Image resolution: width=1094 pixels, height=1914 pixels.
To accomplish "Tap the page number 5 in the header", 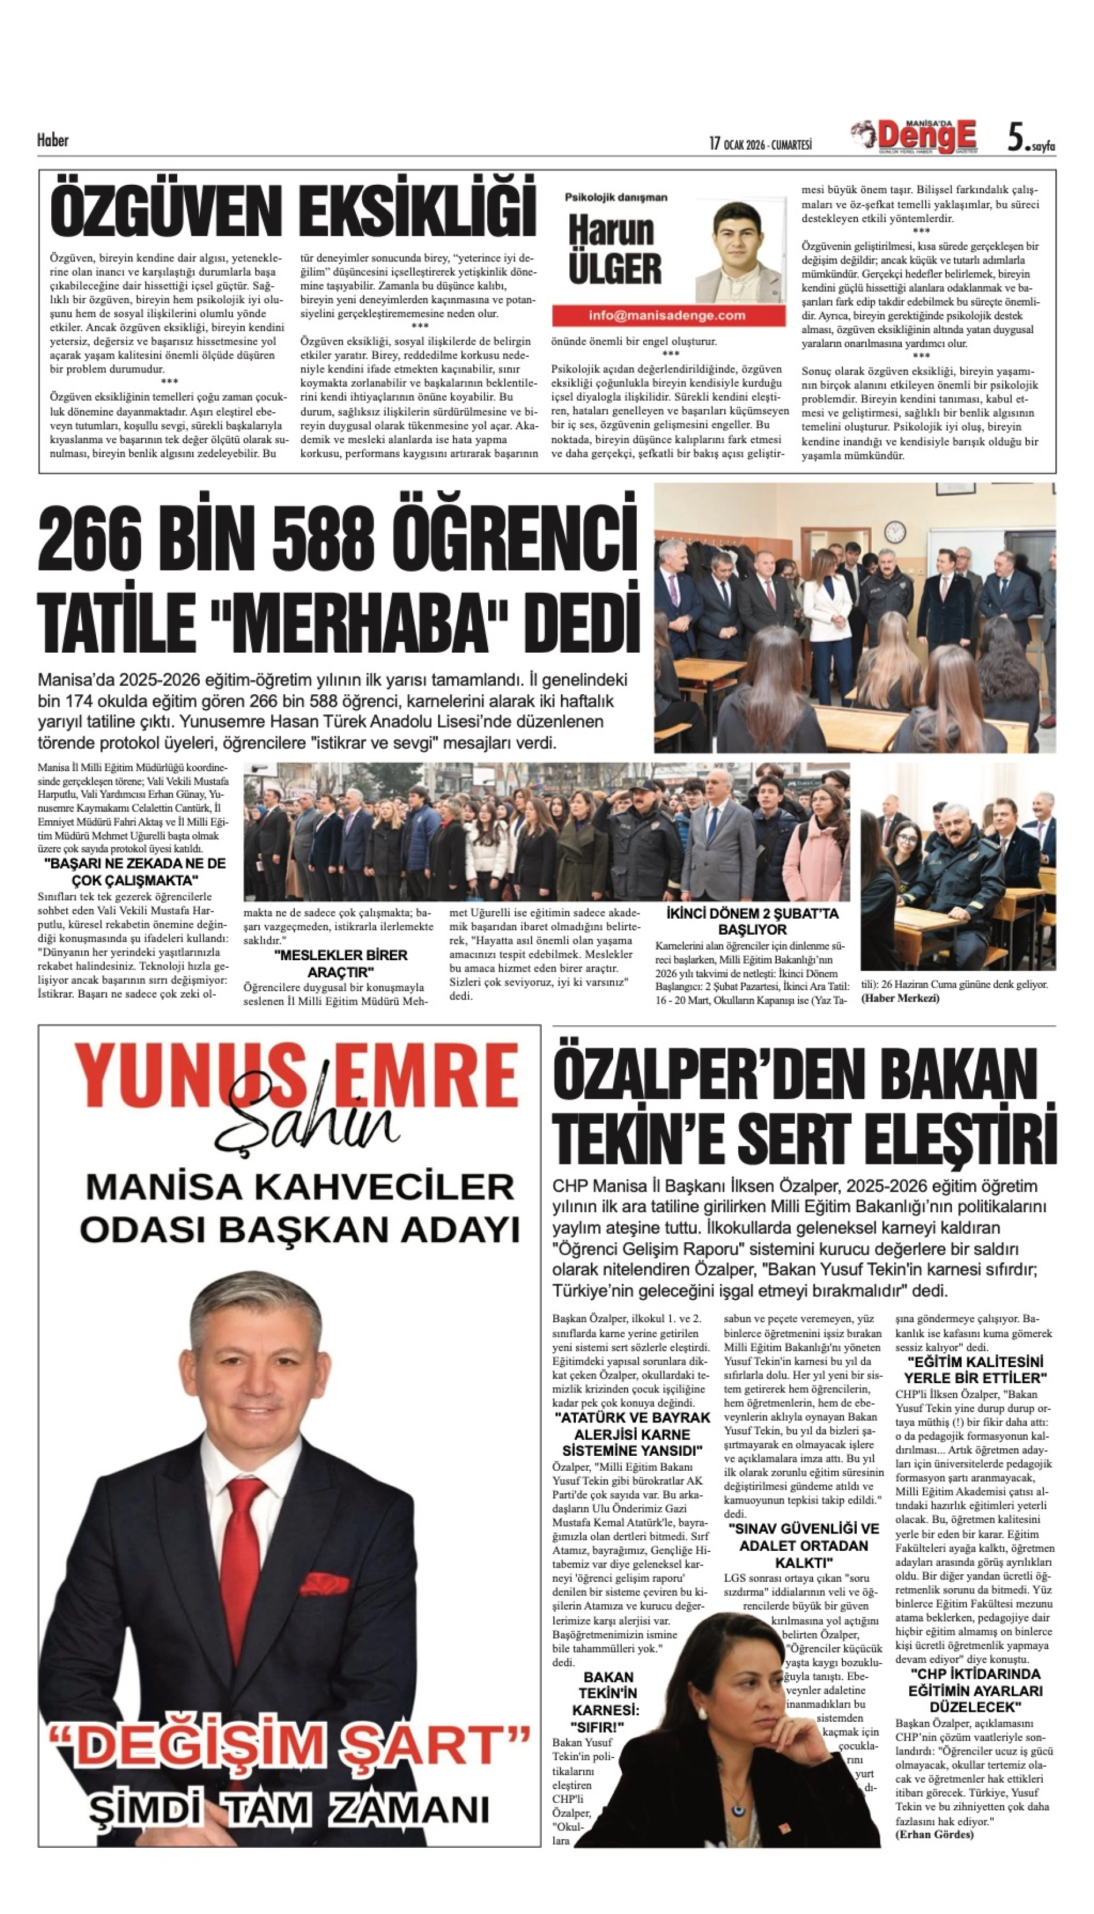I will [x=1015, y=138].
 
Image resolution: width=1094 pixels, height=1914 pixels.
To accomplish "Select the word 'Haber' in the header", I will [x=52, y=140].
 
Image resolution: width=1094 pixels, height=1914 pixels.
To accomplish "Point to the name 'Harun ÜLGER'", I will [x=614, y=250].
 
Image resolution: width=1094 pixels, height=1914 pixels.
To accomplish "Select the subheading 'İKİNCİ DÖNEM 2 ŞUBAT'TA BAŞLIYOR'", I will [x=752, y=921].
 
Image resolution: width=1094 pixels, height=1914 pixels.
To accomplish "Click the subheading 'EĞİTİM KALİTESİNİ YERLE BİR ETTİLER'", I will [x=975, y=1369].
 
